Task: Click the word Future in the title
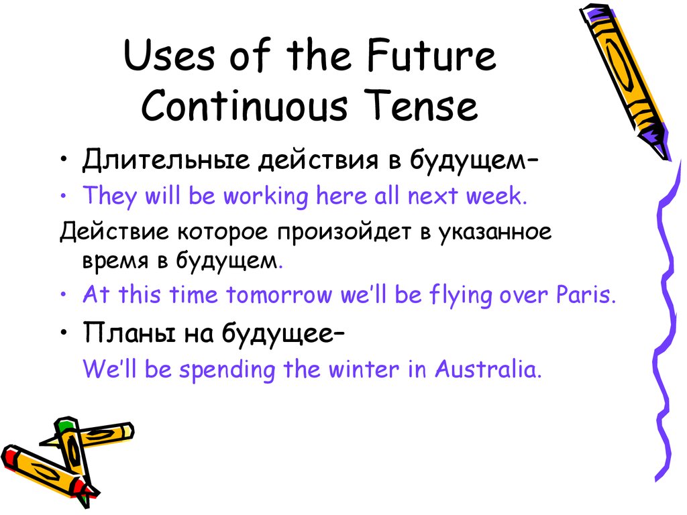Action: click(x=431, y=55)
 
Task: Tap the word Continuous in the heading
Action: click(x=244, y=105)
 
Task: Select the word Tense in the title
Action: click(x=421, y=105)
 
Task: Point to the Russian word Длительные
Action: click(x=166, y=160)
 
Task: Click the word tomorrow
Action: click(x=279, y=294)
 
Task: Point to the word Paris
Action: click(x=586, y=294)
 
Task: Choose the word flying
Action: click(x=460, y=295)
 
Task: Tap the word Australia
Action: click(x=488, y=369)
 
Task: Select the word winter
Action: click(x=364, y=369)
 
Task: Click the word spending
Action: click(x=227, y=370)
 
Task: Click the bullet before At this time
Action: click(x=64, y=295)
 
